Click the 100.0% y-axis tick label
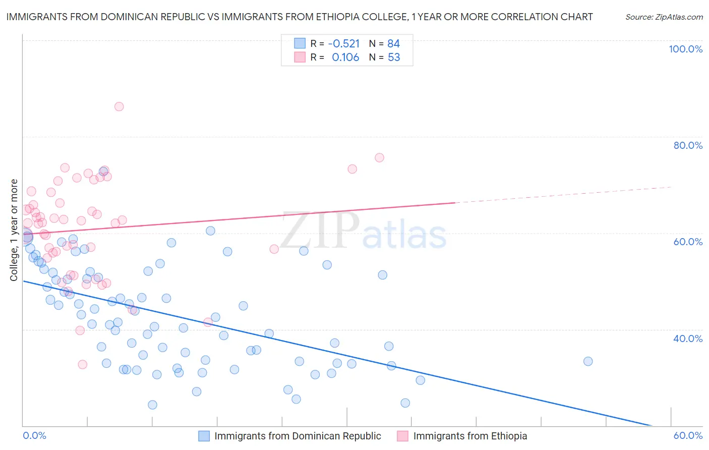coord(685,49)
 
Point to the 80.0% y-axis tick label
coord(688,145)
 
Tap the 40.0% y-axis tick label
coord(688,339)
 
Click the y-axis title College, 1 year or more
coord(14,230)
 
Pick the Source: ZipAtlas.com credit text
coord(664,17)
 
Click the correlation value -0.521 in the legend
coord(343,43)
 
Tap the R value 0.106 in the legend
coord(345,58)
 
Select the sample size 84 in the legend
coord(393,43)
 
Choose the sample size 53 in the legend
coord(393,58)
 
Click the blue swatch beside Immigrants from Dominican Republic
coord(204,436)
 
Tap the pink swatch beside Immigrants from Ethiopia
coord(402,436)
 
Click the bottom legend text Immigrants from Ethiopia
coord(470,436)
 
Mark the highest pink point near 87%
coord(119,106)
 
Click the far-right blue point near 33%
coord(588,361)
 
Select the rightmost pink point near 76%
coord(379,158)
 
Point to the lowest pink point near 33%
coord(83,364)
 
